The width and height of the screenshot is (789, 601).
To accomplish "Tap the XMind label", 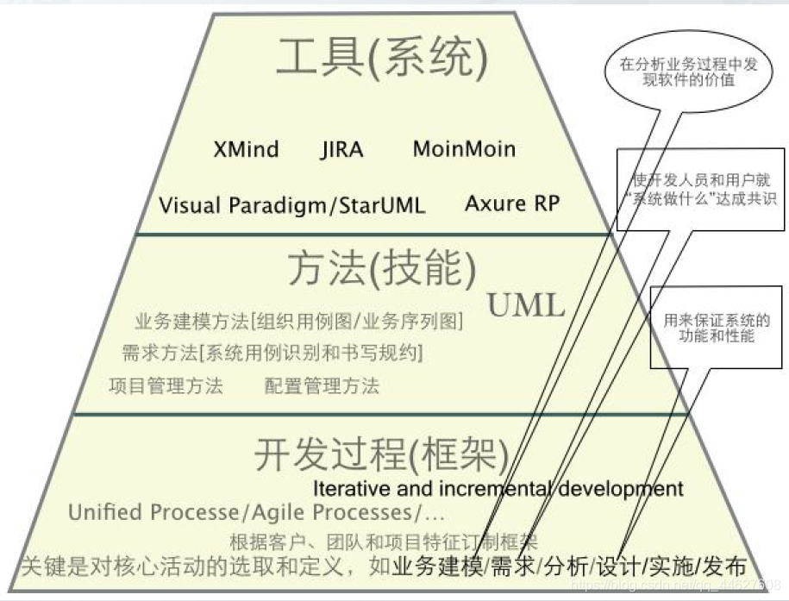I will tap(246, 149).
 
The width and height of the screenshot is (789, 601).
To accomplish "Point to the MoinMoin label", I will tap(464, 149).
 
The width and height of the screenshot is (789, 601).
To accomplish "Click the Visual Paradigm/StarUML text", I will tap(292, 206).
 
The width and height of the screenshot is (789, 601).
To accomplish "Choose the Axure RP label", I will tap(512, 203).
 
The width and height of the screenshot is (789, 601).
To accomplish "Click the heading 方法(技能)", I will tap(381, 270).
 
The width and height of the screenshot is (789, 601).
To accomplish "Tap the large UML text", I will tap(526, 305).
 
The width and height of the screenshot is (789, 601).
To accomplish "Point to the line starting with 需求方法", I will tap(272, 353).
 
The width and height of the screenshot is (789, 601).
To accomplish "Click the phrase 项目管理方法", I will tap(166, 385).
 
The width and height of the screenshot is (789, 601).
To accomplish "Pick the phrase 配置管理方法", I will tap(322, 385).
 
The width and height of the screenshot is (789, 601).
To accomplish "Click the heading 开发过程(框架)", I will tap(381, 455).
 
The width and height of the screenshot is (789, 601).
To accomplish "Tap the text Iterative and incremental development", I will tap(498, 489).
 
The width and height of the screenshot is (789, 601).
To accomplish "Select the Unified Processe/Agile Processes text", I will tap(256, 512).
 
